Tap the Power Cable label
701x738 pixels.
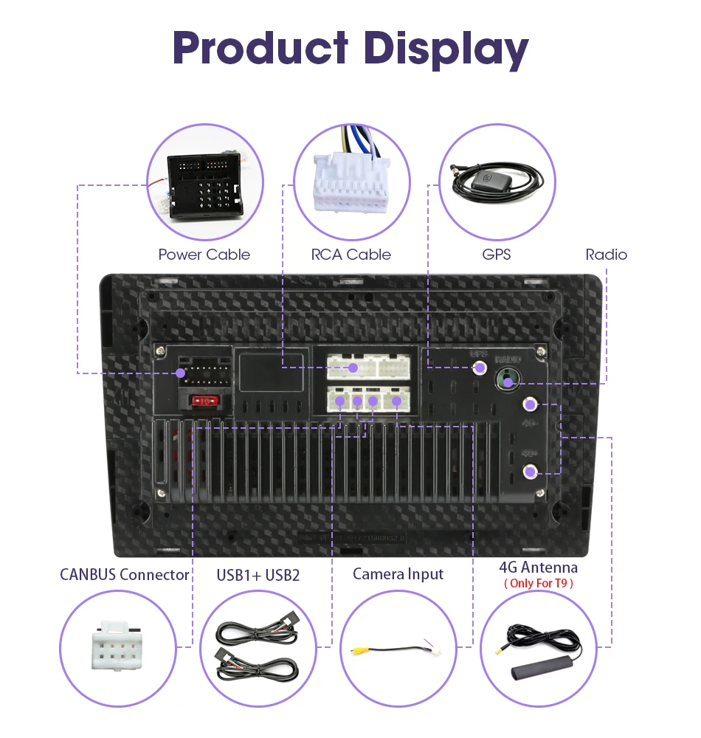pos(204,255)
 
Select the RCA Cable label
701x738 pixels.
pos(351,255)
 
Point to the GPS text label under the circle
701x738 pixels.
pos(496,255)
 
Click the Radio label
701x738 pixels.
pos(606,255)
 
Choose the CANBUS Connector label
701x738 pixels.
pos(125,574)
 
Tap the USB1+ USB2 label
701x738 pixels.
pos(258,574)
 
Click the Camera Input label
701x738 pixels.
pos(398,573)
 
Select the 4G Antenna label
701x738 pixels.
pos(538,567)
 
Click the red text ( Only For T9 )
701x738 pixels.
pos(538,583)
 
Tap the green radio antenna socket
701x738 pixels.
pos(506,379)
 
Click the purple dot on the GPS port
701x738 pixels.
pos(480,367)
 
